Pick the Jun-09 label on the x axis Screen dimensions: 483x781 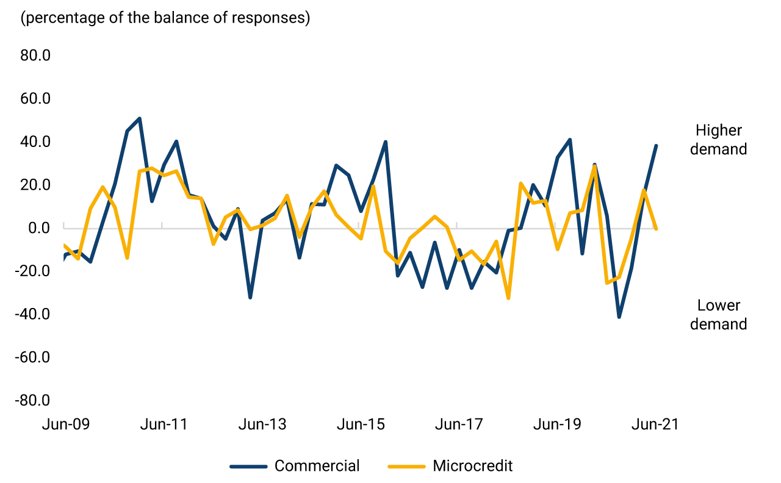click(65, 424)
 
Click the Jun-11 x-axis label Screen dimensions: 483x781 click(164, 424)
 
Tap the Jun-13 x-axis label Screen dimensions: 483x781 click(262, 424)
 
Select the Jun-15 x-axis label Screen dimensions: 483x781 click(361, 424)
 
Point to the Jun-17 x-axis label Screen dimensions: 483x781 click(459, 424)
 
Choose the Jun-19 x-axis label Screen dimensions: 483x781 click(557, 424)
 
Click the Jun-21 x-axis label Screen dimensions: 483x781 click(655, 424)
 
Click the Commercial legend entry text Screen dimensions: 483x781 click(317, 467)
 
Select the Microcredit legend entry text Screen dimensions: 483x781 click(473, 467)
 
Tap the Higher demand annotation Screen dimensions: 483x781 click(718, 140)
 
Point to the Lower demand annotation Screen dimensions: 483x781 click(718, 315)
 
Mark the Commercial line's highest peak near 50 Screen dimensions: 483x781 click(140, 118)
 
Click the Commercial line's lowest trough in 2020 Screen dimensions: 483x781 click(619, 317)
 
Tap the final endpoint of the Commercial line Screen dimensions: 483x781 click(656, 146)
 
